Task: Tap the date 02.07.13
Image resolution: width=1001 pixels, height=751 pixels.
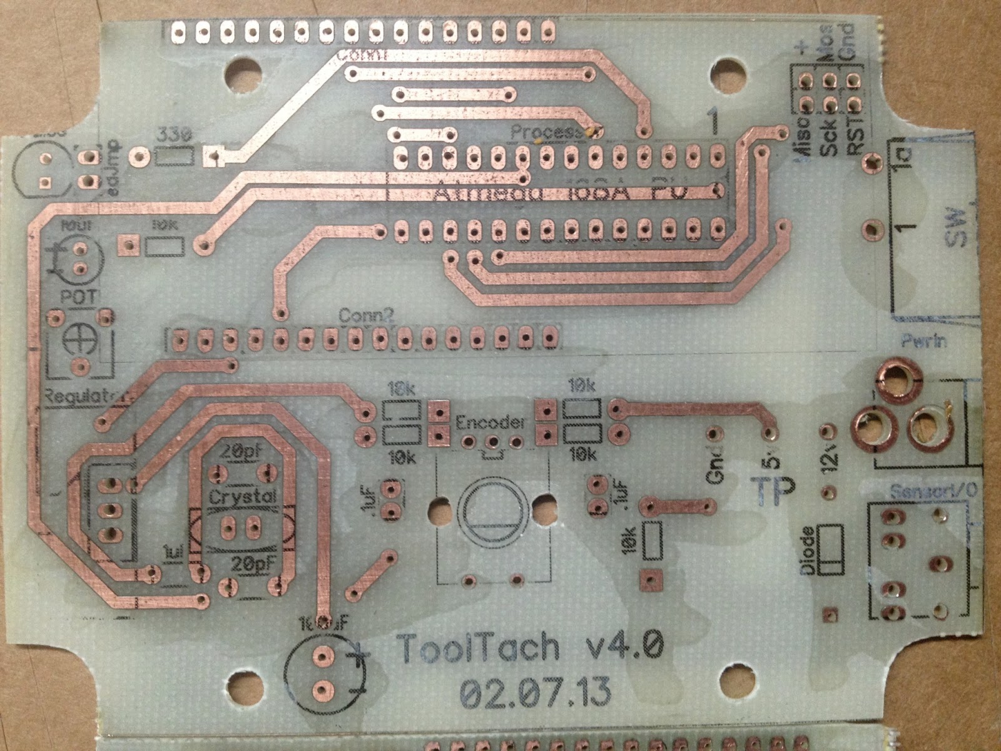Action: click(536, 693)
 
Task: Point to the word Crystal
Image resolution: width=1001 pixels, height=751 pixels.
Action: click(242, 497)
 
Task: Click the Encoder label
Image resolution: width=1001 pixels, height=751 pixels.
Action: click(490, 423)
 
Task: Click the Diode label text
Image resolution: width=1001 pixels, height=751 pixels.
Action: click(808, 550)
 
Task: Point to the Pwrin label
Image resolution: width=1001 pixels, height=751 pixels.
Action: click(924, 342)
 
